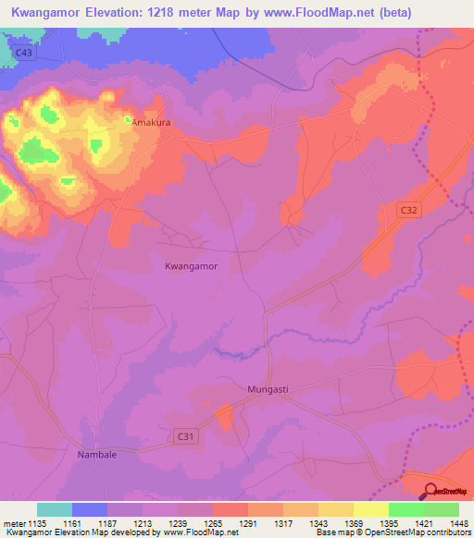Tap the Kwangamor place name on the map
(191, 266)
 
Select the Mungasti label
(268, 389)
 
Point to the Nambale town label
(96, 456)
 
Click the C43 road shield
(25, 55)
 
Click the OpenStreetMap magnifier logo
(430, 492)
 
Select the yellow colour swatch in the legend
(371, 508)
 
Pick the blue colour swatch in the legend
(90, 508)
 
